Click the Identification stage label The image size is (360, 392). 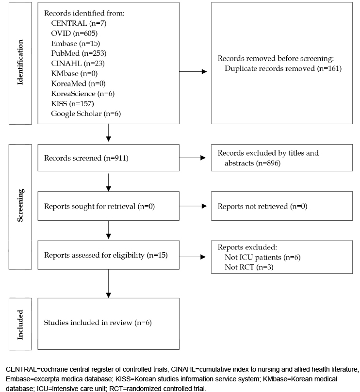20,62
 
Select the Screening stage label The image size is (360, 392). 20,205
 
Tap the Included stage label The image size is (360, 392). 20,325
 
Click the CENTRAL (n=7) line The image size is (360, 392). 79,23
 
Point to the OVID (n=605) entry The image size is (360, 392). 74,33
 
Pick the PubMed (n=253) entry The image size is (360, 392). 79,53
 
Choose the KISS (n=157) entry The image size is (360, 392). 72,103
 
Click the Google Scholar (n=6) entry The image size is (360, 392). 86,114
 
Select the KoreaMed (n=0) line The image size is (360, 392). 78,83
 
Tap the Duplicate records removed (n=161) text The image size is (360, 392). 283,68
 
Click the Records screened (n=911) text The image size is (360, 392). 86,158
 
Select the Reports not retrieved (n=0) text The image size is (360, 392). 262,206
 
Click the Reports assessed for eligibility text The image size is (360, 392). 94,255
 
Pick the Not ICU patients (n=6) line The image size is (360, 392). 262,257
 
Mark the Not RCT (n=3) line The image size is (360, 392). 249,267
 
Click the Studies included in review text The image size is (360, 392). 88,323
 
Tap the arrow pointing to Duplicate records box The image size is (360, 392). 193,71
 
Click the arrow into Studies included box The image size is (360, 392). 109,284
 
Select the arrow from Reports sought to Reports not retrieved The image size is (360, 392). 193,206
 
